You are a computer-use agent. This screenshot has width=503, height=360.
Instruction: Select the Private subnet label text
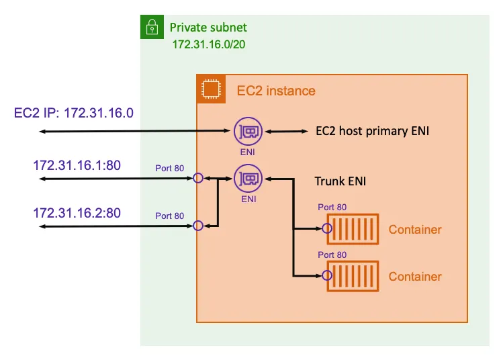(208, 28)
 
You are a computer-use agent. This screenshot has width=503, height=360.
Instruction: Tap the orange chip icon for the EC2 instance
(210, 89)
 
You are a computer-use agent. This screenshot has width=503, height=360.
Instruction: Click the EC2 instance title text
(276, 91)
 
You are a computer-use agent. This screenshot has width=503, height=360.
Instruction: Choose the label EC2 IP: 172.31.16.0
(74, 112)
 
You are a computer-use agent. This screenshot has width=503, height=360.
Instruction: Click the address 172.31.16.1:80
(77, 165)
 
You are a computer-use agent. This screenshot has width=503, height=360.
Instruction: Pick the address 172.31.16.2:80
(77, 213)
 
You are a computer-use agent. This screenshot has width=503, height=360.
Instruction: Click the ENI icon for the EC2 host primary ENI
(248, 132)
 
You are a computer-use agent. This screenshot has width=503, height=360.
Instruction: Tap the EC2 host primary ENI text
(372, 132)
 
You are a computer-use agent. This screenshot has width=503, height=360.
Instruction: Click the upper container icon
(353, 229)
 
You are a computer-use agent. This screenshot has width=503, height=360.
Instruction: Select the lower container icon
(353, 275)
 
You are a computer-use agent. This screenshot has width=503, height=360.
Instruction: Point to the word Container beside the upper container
(415, 230)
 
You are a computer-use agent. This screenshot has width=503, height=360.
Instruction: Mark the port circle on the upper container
(328, 229)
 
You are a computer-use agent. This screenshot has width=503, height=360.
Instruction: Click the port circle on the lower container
(328, 275)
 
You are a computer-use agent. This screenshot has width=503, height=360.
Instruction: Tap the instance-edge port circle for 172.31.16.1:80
(198, 179)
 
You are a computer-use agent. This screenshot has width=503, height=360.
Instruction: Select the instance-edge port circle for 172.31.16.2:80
(198, 226)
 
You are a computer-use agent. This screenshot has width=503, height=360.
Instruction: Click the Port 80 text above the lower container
(332, 255)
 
